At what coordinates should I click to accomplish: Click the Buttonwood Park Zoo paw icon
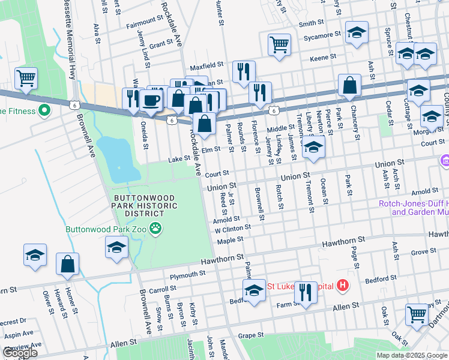(155, 227)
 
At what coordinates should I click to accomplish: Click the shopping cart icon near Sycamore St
(279, 44)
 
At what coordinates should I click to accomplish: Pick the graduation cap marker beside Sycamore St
(357, 33)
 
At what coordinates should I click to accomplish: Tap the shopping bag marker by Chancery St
(349, 85)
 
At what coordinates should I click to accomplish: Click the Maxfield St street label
(207, 64)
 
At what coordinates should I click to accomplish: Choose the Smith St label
(312, 23)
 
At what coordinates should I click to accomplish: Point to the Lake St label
(178, 159)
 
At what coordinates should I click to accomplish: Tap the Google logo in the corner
(20, 353)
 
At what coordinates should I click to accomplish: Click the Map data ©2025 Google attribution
(411, 355)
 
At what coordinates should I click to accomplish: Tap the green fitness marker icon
(44, 110)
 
